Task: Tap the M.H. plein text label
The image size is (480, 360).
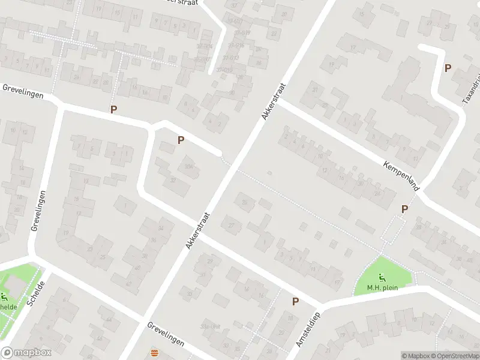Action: click(383, 287)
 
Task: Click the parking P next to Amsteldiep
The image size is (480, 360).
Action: click(295, 301)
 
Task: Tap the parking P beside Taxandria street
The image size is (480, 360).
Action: click(448, 68)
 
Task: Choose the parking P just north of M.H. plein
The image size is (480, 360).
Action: click(404, 209)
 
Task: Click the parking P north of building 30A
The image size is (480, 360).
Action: click(181, 140)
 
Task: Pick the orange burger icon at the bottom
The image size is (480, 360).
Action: click(155, 352)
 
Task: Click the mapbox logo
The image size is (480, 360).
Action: click(26, 352)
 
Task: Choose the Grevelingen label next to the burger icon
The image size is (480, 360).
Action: click(166, 334)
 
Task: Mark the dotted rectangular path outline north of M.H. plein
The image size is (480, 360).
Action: click(394, 229)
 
